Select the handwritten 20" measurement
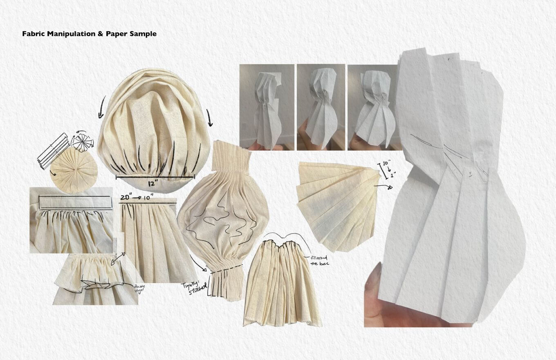(x=126, y=198)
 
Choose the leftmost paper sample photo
(x=267, y=107)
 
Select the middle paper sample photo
(x=321, y=107)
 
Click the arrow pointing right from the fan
(x=385, y=187)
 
